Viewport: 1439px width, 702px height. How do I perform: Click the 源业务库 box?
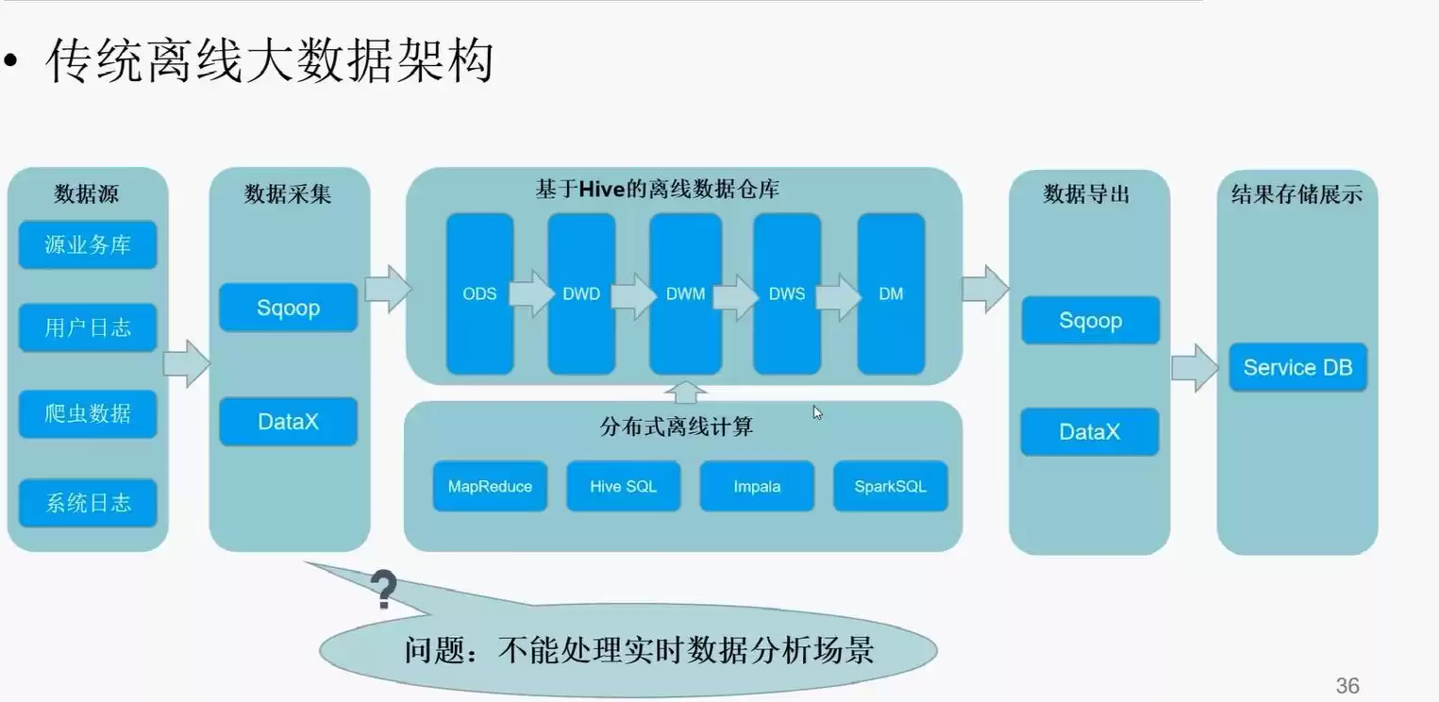coord(88,245)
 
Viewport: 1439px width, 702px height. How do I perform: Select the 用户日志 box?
coord(88,328)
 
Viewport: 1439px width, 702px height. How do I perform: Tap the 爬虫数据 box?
coord(88,413)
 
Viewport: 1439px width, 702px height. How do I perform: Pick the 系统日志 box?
coord(88,503)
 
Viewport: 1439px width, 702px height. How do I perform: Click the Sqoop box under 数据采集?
coord(288,308)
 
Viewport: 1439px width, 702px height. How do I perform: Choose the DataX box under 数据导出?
coord(1090,432)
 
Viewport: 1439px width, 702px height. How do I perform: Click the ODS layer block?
coord(479,293)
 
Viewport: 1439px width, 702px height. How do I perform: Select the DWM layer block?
coord(685,293)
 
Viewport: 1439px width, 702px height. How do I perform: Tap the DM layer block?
coord(891,293)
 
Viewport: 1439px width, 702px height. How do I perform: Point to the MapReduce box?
coord(490,487)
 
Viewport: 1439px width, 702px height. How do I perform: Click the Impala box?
coord(757,487)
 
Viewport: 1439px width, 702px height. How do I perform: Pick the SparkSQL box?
coord(890,487)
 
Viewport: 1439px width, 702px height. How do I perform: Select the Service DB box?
coord(1297,367)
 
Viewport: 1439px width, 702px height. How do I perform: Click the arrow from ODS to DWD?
coord(531,293)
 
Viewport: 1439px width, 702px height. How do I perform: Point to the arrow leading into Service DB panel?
coord(1195,367)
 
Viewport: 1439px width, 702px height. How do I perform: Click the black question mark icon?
coord(383,590)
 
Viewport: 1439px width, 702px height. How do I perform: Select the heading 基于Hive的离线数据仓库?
coord(658,190)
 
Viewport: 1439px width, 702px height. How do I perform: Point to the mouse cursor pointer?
coord(816,410)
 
